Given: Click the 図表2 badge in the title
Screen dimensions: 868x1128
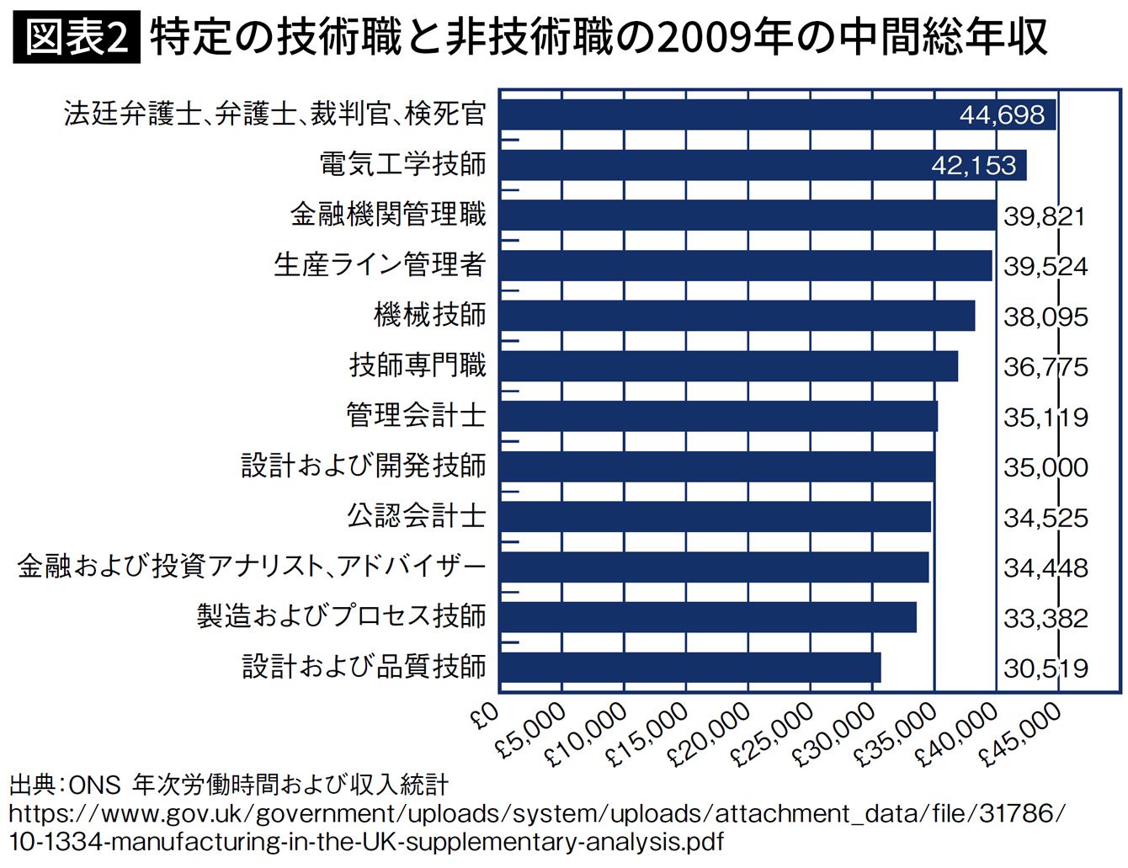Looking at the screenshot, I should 77,38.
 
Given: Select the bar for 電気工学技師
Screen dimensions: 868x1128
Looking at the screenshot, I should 763,165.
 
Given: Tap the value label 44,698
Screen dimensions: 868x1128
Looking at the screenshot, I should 1002,115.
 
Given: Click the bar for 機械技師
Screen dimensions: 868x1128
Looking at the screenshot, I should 737,316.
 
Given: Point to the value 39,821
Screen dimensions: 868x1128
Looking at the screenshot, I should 1045,216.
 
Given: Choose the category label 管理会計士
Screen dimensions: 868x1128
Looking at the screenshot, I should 416,415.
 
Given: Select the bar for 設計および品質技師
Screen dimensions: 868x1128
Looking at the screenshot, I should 690,668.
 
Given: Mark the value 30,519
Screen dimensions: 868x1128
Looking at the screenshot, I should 1046,668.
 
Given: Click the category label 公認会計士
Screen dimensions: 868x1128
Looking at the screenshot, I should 416,515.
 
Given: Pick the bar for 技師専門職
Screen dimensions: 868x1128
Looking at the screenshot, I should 729,366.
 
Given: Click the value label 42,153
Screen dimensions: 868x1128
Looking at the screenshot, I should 973,165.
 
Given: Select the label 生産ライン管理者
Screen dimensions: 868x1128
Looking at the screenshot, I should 380,265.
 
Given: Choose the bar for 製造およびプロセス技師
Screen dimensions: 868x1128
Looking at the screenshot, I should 708,618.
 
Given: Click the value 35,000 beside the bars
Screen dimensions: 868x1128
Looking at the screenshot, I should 1046,467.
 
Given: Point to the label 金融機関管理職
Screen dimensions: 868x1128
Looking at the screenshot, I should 388,215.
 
